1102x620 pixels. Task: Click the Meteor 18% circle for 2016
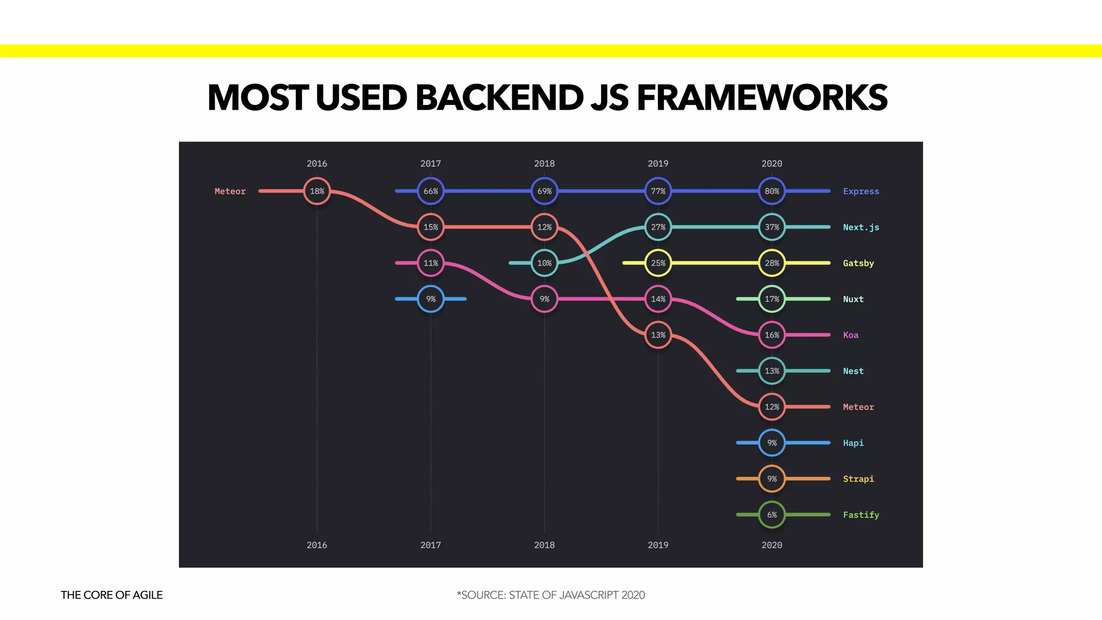click(x=317, y=191)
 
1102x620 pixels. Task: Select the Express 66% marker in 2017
click(x=430, y=191)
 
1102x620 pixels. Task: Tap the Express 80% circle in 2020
click(x=772, y=191)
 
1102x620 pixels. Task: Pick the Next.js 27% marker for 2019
click(x=658, y=227)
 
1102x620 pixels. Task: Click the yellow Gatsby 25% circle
click(x=658, y=263)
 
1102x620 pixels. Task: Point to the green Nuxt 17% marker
click(x=772, y=299)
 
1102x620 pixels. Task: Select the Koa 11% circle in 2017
click(x=430, y=263)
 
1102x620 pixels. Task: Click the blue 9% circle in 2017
click(x=430, y=299)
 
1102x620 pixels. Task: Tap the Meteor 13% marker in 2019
click(x=658, y=335)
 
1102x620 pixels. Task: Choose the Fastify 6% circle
click(x=772, y=515)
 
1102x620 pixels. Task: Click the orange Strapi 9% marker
click(x=772, y=478)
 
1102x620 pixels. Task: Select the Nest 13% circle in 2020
click(x=772, y=371)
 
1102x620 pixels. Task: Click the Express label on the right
click(x=860, y=191)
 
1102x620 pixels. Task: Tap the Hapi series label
click(x=853, y=443)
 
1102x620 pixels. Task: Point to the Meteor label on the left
click(x=230, y=191)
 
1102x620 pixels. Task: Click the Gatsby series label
click(x=858, y=263)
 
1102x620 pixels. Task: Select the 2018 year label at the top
click(x=544, y=164)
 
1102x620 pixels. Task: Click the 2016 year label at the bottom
click(x=317, y=545)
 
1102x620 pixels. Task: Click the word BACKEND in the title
click(x=499, y=98)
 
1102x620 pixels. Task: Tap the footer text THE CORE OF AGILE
click(x=111, y=595)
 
